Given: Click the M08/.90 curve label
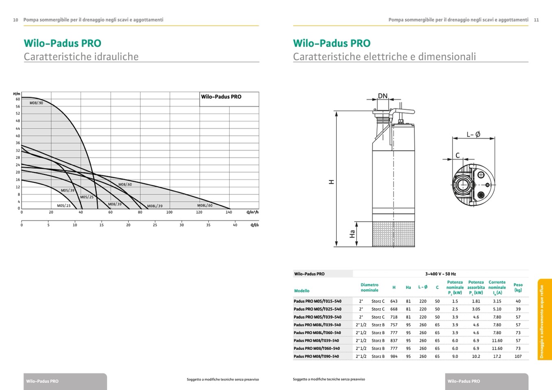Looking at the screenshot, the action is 36,103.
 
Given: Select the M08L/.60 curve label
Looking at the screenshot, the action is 205,205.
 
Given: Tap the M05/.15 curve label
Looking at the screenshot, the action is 64,206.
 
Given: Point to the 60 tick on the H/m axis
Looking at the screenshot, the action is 18,99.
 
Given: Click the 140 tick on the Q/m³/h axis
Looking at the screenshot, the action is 229,212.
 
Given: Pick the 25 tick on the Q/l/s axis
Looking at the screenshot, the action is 155,225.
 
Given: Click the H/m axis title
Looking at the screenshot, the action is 17,94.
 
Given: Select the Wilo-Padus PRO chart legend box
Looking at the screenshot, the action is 229,99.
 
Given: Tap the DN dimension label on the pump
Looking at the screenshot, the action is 383,96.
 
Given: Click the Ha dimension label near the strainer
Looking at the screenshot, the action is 352,234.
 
